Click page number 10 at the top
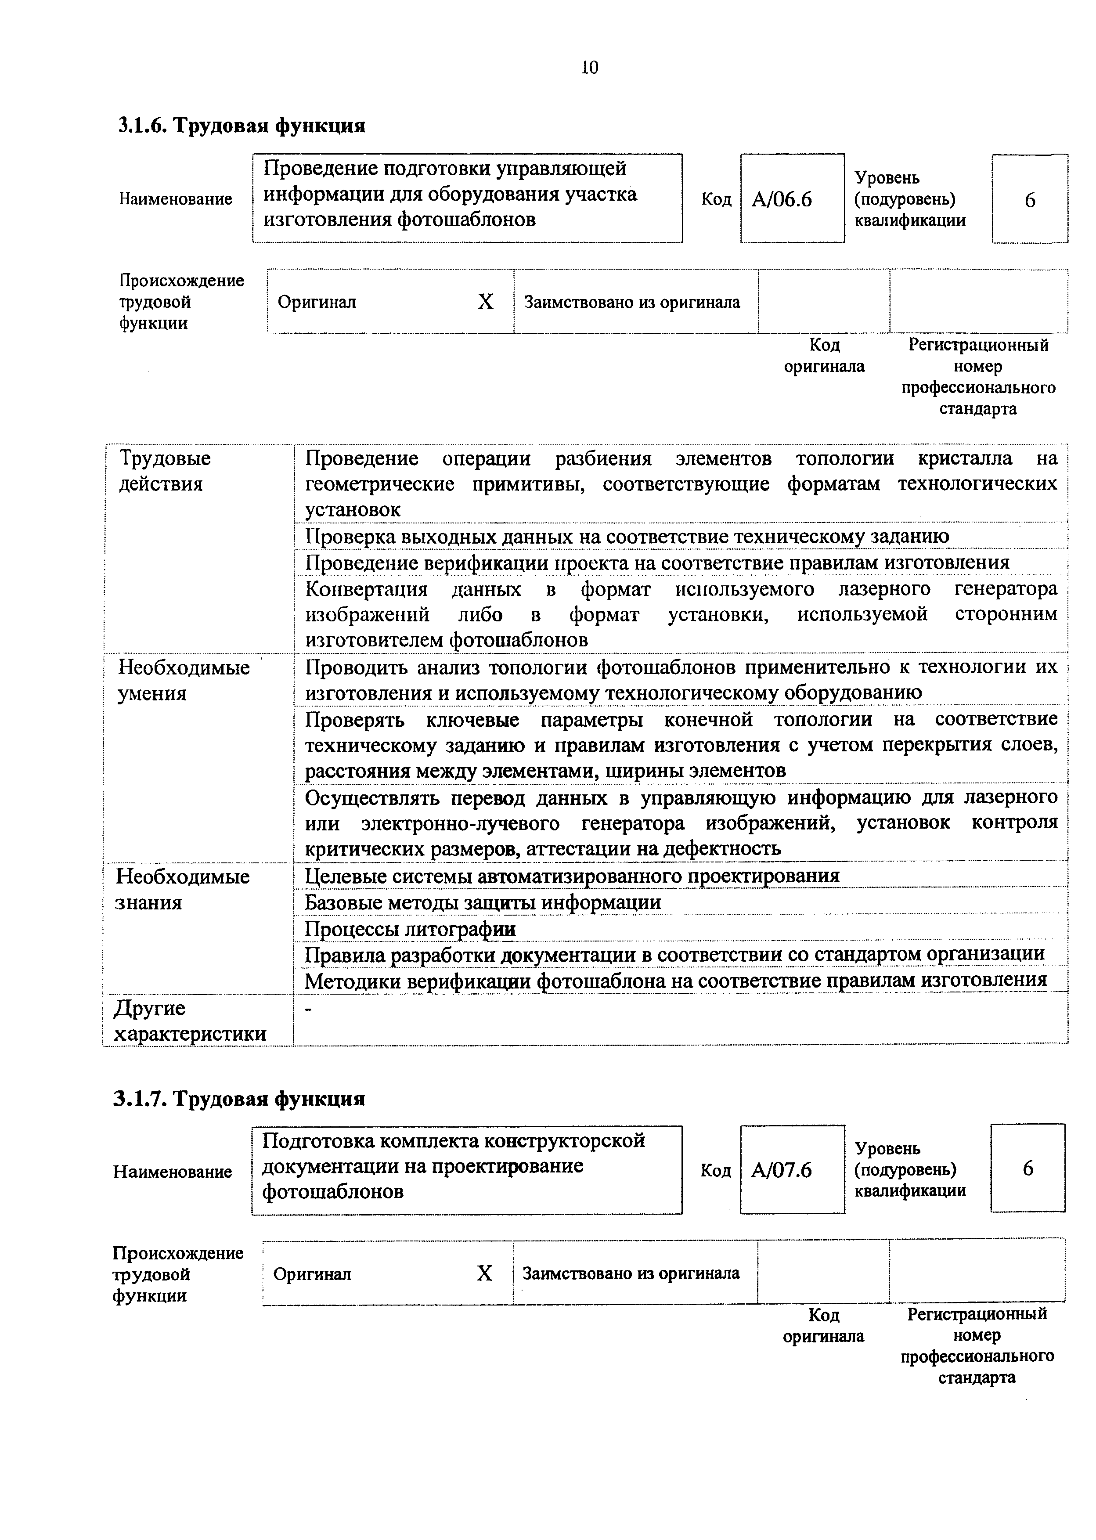[589, 68]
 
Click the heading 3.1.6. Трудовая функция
[242, 126]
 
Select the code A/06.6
[782, 200]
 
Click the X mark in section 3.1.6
[485, 302]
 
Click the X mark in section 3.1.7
[484, 1273]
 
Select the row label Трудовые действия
[165, 471]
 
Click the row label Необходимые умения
[184, 680]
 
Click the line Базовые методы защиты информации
[483, 902]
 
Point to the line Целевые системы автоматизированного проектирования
[572, 876]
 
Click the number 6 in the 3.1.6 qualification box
[1029, 200]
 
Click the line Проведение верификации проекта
[656, 563]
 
